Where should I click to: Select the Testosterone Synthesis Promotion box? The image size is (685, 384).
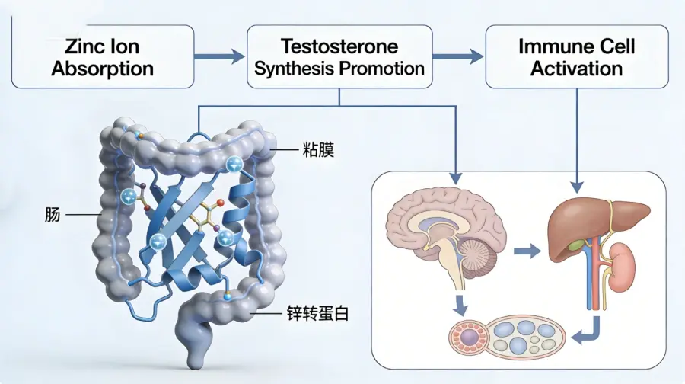[339, 57]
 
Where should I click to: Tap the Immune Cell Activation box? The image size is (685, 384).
[576, 57]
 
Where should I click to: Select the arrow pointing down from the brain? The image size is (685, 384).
[460, 302]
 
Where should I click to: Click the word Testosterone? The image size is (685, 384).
[339, 46]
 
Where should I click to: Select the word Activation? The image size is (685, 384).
[576, 68]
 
